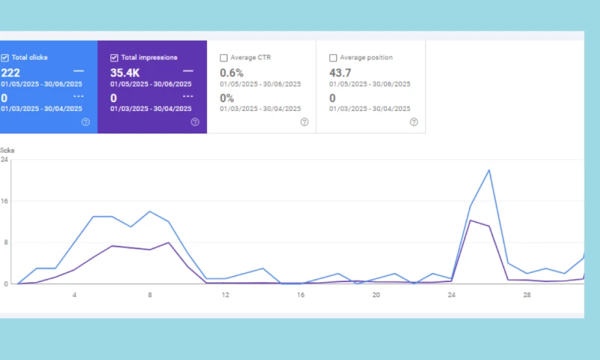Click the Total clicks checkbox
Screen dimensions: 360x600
[4, 58]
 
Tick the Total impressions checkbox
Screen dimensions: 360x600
[114, 58]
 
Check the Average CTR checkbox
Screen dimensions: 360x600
[223, 58]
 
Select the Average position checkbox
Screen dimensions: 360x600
[333, 58]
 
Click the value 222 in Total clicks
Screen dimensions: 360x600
[10, 72]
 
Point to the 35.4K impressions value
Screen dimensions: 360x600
[125, 72]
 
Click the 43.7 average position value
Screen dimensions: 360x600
[340, 72]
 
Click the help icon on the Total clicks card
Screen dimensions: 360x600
[85, 121]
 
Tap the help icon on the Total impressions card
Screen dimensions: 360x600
[195, 121]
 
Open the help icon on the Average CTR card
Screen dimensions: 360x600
[304, 121]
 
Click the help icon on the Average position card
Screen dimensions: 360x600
[414, 121]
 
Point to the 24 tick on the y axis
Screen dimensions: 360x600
[4, 160]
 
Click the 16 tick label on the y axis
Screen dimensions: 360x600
[4, 201]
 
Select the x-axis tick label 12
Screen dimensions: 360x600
[225, 295]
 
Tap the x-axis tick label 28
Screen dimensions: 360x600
[526, 295]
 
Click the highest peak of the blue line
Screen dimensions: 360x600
[490, 169]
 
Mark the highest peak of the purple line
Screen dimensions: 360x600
[470, 220]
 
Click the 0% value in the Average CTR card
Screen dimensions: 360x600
[226, 97]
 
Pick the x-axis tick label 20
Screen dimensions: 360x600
[376, 295]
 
